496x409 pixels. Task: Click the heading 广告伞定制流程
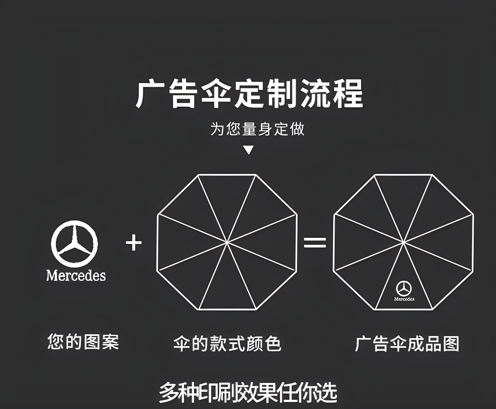[249, 94]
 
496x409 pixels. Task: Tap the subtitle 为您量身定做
[257, 129]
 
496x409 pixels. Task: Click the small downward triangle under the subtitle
[249, 150]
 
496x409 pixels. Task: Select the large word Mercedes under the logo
[76, 275]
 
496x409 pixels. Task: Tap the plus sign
[134, 243]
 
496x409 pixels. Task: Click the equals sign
[315, 243]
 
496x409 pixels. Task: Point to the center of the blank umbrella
[227, 242]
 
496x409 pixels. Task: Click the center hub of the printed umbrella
[403, 242]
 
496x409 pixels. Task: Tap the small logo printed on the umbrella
[404, 288]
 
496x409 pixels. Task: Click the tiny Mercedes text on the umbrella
[404, 299]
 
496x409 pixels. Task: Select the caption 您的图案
[83, 342]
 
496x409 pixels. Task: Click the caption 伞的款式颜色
[227, 343]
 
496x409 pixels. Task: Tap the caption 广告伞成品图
[407, 343]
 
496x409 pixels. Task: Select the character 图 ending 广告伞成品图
[451, 343]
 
